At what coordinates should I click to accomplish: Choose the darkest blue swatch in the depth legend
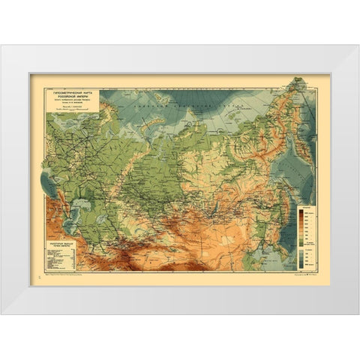click(303, 262)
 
